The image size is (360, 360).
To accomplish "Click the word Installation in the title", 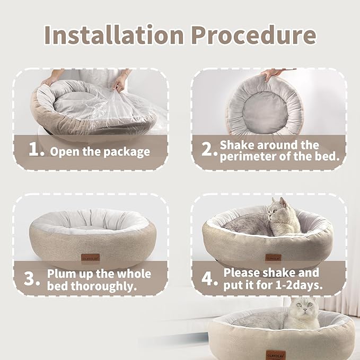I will (x=113, y=35).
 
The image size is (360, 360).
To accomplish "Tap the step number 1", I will (x=36, y=151).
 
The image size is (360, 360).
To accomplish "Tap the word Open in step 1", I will (x=65, y=152).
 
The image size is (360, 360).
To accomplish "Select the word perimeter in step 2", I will (x=250, y=156).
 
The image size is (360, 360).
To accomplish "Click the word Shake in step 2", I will (x=237, y=145).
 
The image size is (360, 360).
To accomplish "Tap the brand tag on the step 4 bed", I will (x=271, y=257).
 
